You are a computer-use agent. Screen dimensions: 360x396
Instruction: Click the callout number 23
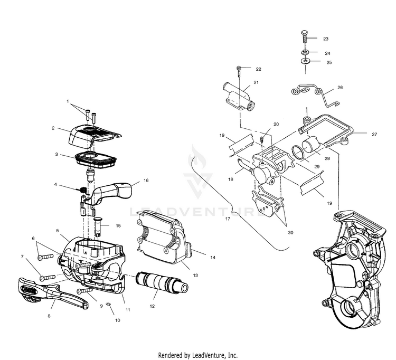click(326, 39)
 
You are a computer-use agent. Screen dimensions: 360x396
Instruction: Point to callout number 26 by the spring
click(340, 87)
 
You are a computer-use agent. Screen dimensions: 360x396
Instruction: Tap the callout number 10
click(118, 320)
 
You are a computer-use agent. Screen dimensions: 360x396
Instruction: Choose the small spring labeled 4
click(83, 189)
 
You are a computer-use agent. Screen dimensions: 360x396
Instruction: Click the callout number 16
click(146, 180)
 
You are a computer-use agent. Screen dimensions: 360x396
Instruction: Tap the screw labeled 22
click(241, 71)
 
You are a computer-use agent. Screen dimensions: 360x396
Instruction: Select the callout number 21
click(256, 82)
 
